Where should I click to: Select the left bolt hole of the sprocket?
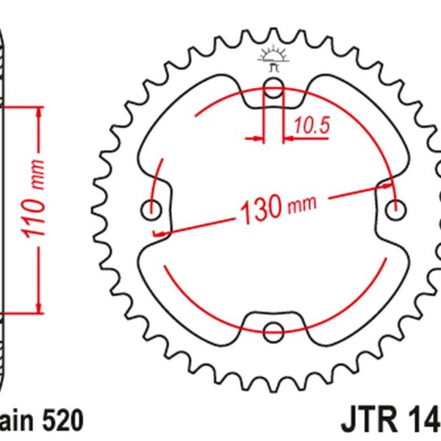pyautogui.click(x=151, y=211)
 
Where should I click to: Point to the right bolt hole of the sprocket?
pyautogui.click(x=398, y=210)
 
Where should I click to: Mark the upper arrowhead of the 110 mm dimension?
pyautogui.click(x=37, y=113)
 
